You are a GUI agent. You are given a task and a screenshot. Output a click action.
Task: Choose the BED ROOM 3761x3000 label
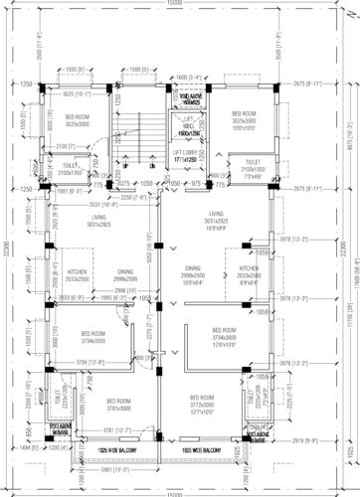pos(119,403)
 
